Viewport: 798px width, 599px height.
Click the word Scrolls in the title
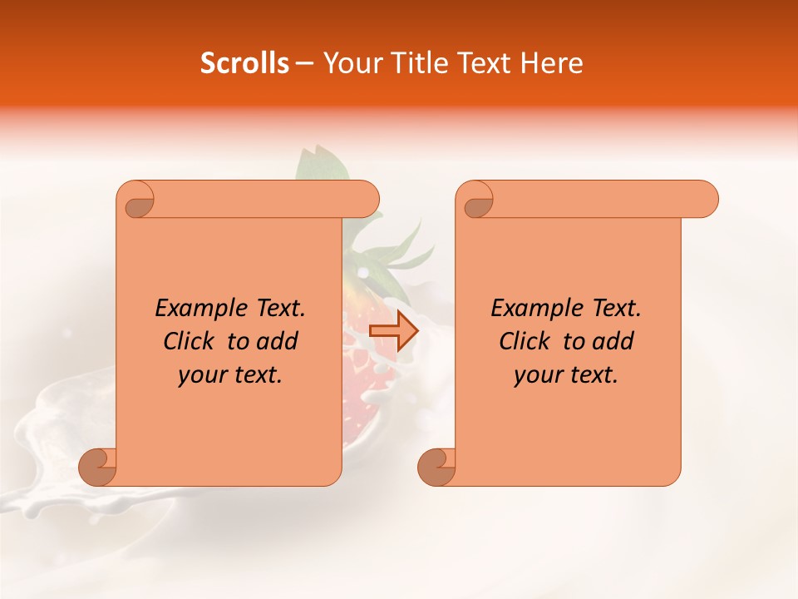(x=244, y=63)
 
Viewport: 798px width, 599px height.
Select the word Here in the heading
(x=552, y=63)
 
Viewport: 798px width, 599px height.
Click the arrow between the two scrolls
(x=393, y=330)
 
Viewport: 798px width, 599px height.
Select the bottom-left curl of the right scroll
(x=437, y=466)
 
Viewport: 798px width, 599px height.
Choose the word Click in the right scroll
(x=525, y=341)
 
